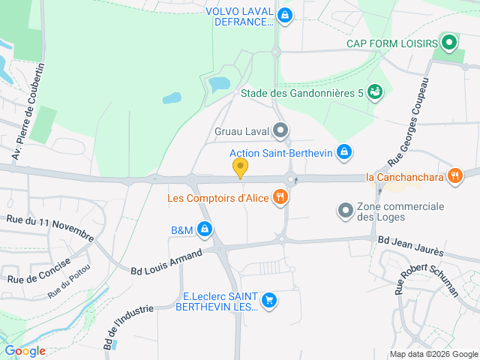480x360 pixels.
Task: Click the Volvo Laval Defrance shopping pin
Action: pyautogui.click(x=284, y=15)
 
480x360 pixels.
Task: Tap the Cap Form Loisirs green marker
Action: pyautogui.click(x=449, y=42)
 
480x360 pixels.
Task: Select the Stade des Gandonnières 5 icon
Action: pyautogui.click(x=375, y=92)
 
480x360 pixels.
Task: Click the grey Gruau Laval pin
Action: pyautogui.click(x=281, y=132)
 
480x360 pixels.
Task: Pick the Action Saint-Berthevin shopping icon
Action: pyautogui.click(x=343, y=152)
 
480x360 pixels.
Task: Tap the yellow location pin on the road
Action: pyautogui.click(x=240, y=168)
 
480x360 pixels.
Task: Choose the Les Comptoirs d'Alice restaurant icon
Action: pyautogui.click(x=280, y=198)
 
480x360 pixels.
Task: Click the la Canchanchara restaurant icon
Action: pyautogui.click(x=454, y=177)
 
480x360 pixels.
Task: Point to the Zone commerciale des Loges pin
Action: pyautogui.click(x=346, y=211)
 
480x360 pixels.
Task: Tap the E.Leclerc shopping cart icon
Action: pyautogui.click(x=269, y=301)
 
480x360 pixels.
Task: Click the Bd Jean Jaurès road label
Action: pyautogui.click(x=410, y=245)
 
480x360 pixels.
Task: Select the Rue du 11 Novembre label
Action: pyautogui.click(x=49, y=226)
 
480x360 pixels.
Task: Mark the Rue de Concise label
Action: pyautogui.click(x=38, y=269)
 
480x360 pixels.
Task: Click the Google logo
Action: pyautogui.click(x=25, y=350)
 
